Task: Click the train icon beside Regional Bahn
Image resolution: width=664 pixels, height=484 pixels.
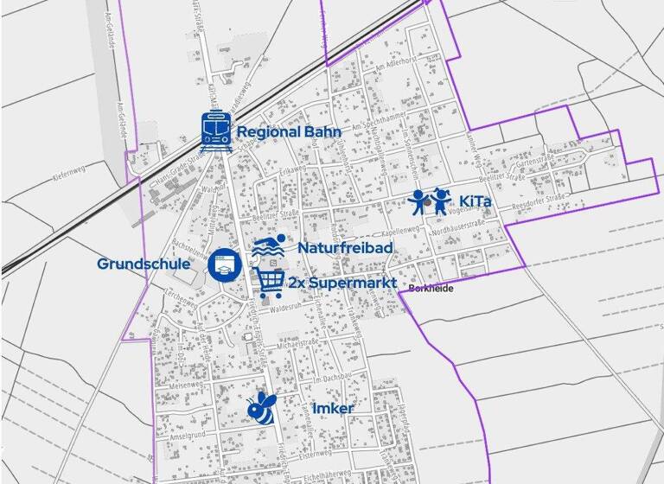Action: [215, 132]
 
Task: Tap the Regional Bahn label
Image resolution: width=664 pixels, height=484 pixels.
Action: [289, 133]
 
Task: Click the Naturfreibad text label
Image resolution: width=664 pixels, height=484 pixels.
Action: [346, 248]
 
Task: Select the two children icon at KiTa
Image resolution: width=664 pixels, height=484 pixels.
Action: [431, 203]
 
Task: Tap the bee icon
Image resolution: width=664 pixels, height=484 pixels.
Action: [260, 408]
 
